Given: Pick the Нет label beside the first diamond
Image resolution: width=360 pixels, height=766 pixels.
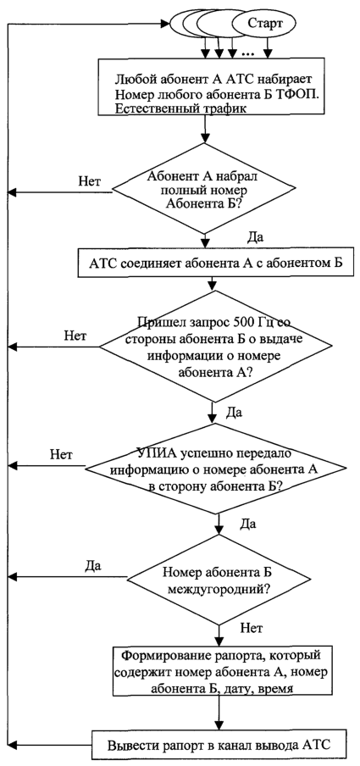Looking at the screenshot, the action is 90,181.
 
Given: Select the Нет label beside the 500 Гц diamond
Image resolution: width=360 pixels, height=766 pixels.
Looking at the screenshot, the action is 75,336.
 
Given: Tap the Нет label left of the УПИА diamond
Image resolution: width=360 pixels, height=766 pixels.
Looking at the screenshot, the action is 61,455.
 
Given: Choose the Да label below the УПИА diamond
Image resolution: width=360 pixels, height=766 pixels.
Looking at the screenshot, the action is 249,525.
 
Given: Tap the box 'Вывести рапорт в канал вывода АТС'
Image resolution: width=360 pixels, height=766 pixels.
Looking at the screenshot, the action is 219,746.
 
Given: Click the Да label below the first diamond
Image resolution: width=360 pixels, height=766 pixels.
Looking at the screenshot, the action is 256,238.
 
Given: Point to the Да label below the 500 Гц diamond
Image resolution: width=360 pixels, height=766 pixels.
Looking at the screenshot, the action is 235,413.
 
